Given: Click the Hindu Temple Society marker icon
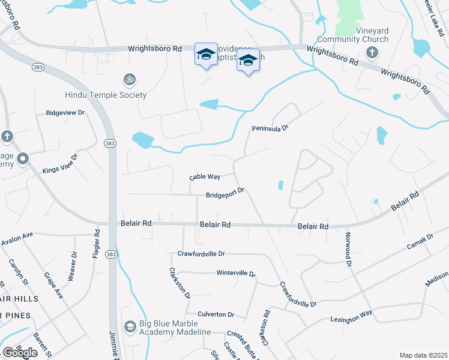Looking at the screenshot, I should pyautogui.click(x=128, y=79).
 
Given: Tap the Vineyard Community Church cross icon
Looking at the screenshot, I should pyautogui.click(x=372, y=53).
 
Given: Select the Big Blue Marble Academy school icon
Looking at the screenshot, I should pyautogui.click(x=130, y=326).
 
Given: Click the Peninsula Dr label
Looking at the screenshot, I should pyautogui.click(x=270, y=128).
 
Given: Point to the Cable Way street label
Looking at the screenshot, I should pyautogui.click(x=205, y=177).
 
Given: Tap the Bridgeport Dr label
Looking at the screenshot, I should pyautogui.click(x=225, y=194).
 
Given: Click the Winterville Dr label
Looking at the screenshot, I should pyautogui.click(x=236, y=273).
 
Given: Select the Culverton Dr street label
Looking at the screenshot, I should pyautogui.click(x=216, y=314).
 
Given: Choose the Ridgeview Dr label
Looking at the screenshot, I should pyautogui.click(x=65, y=113).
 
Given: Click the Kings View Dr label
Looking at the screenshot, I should pyautogui.click(x=61, y=164).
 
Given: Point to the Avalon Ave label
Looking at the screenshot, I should pyautogui.click(x=17, y=238).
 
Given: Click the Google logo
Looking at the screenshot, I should pyautogui.click(x=20, y=352).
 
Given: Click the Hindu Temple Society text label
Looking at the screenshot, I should pyautogui.click(x=106, y=95).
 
